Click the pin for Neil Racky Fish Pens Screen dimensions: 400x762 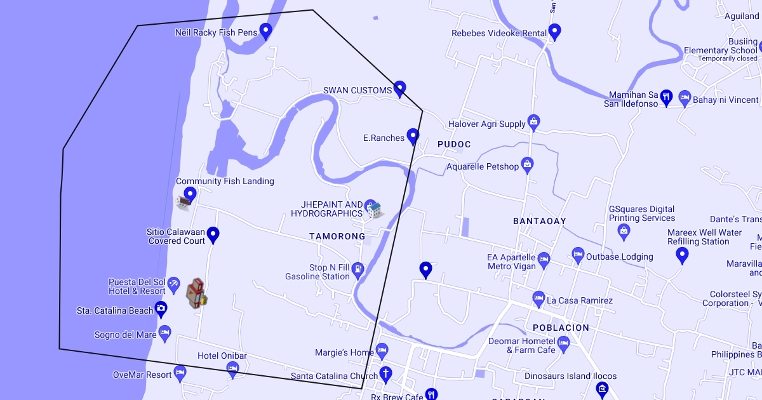click(265, 30)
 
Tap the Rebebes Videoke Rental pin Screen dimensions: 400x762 click(554, 31)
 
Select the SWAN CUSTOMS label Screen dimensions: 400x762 click(358, 90)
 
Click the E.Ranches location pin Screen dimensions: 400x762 click(413, 136)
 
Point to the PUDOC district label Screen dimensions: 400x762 click(454, 144)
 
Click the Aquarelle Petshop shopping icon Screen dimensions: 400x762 click(527, 165)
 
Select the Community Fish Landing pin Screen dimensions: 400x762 click(190, 194)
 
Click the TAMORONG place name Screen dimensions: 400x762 click(337, 236)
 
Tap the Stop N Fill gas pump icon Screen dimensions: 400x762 click(358, 269)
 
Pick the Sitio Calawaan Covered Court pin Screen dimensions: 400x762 click(213, 234)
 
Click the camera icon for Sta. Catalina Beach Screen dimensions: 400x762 click(161, 309)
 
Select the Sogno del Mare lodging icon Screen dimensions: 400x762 click(165, 332)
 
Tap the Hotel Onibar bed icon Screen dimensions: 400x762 click(232, 368)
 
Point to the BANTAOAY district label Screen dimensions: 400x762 click(539, 221)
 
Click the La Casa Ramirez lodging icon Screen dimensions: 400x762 click(538, 298)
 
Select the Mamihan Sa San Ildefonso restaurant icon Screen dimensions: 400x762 click(665, 97)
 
